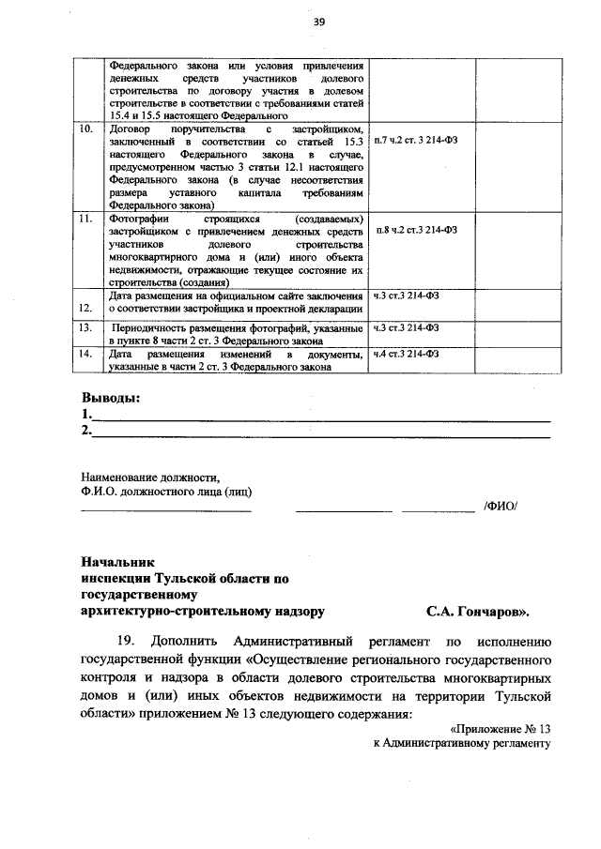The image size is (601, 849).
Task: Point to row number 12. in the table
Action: click(85, 307)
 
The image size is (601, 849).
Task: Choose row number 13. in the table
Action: click(85, 327)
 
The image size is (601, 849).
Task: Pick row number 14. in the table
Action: click(85, 354)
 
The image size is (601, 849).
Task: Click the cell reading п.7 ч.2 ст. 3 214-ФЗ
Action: click(417, 140)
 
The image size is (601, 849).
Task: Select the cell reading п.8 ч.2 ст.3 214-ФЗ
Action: click(416, 230)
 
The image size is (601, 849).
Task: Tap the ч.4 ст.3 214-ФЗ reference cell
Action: click(407, 354)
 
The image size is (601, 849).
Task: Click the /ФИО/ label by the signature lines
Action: click(500, 508)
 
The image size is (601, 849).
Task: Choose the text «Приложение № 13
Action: click(500, 727)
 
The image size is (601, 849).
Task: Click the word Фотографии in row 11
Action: click(139, 218)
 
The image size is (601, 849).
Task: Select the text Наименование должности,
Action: click(149, 476)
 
